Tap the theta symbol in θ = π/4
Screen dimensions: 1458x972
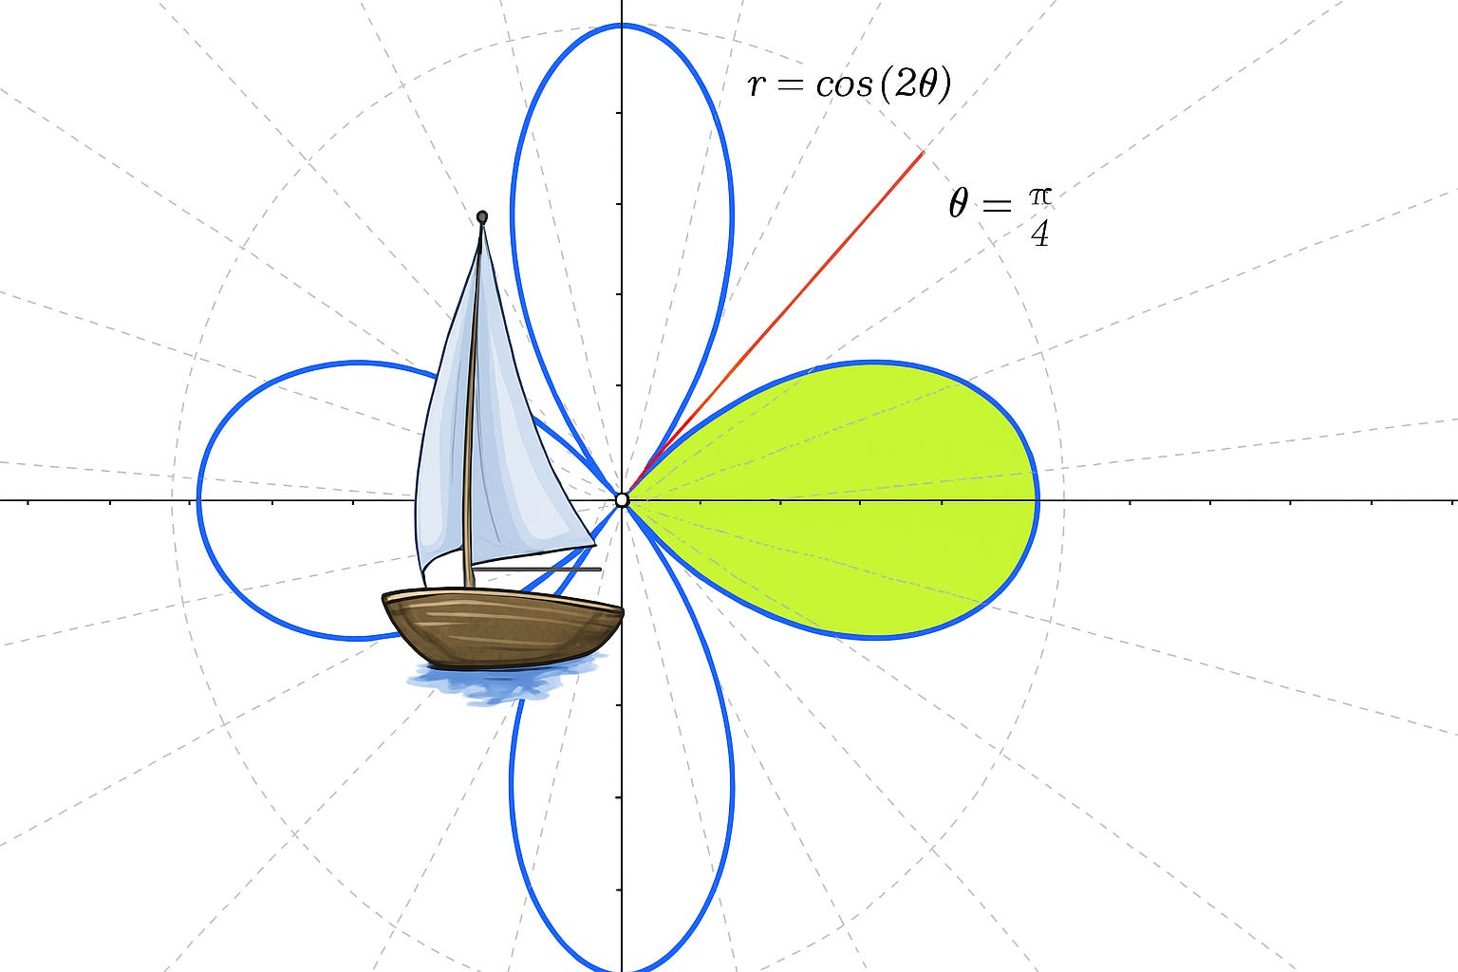(959, 203)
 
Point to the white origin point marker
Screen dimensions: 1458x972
(622, 499)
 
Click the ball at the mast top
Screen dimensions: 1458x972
(482, 217)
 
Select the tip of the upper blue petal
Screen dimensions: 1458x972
(622, 26)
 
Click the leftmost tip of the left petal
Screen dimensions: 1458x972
(198, 499)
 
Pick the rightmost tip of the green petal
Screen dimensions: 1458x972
(1038, 499)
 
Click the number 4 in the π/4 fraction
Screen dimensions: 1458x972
(1040, 234)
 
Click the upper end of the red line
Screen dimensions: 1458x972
(922, 153)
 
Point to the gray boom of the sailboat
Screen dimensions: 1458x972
(560, 570)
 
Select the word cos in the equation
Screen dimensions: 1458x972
(843, 85)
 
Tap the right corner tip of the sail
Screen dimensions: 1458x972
(594, 543)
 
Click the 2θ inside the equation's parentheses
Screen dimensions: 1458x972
(915, 85)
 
